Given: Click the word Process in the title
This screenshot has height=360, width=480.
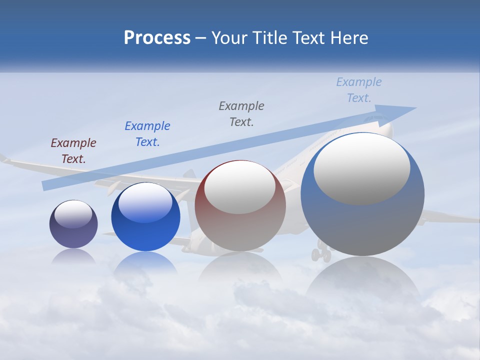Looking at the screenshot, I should click(157, 38).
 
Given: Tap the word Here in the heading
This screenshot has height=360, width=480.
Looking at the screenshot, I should click(349, 38).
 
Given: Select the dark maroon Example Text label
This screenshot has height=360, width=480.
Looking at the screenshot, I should click(73, 151).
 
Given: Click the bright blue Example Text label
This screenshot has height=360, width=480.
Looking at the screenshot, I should click(147, 134).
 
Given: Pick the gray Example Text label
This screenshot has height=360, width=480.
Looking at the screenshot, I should click(241, 113).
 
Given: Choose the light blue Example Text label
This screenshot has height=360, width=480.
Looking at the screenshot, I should click(359, 90).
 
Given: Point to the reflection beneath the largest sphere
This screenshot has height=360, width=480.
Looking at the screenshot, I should click(362, 280).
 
